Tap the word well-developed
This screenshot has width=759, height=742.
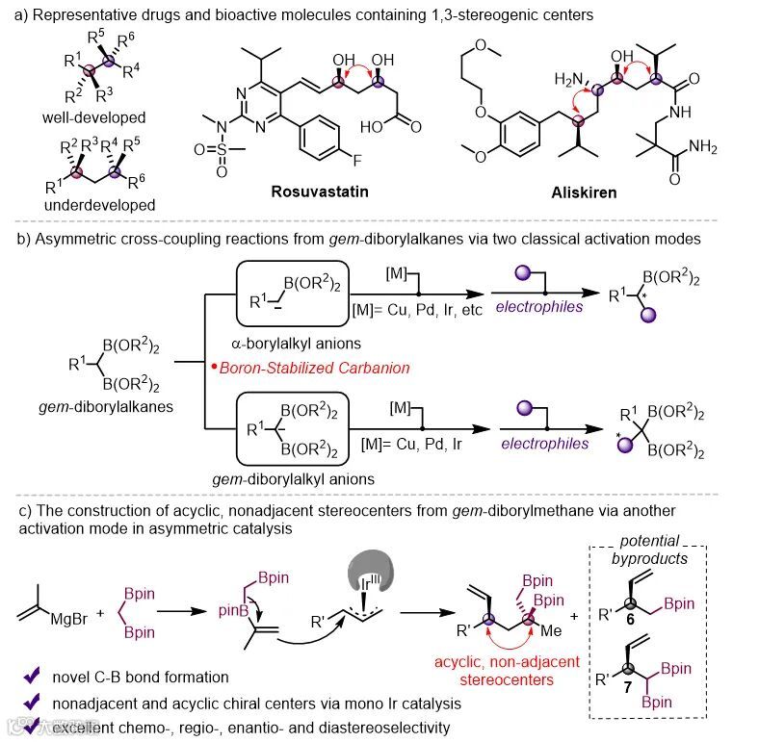[94, 117]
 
